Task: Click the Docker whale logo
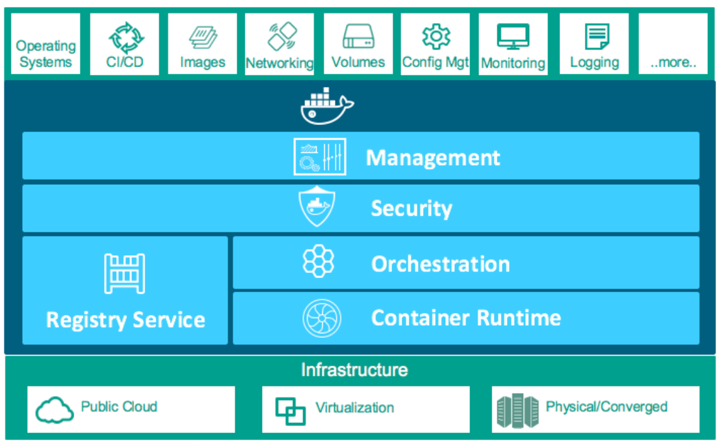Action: point(325,106)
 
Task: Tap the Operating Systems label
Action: point(45,54)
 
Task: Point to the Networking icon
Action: point(282,36)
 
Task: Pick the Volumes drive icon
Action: point(358,37)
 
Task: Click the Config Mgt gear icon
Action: point(436,37)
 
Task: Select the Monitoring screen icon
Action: point(513,37)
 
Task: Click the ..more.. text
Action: point(673,62)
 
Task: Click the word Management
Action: point(433,157)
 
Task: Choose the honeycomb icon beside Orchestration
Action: point(318,262)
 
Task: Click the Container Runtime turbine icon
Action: point(322,318)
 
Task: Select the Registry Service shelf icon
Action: point(124,274)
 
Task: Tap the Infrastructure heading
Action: point(354,370)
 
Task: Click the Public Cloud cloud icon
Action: point(55,410)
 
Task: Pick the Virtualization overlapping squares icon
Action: point(291,411)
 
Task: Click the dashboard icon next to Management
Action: point(320,156)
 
